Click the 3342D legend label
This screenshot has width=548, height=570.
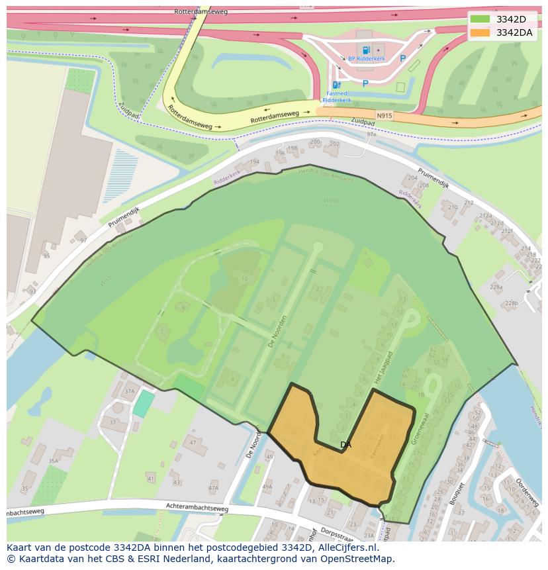coord(511,19)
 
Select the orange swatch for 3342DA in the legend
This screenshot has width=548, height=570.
coord(480,32)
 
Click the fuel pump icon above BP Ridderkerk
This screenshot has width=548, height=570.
coord(365,49)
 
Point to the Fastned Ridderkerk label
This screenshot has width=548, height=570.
coord(334,97)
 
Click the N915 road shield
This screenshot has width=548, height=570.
coord(384,115)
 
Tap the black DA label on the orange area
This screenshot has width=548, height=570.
coord(345,445)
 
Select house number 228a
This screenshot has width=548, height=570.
coord(496,287)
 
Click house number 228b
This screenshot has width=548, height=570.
coord(511,303)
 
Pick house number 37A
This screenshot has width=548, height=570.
coord(129,391)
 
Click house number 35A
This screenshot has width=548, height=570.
coord(53,461)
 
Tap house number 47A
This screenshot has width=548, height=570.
coord(213,488)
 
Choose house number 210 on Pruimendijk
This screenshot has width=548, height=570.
coord(453,207)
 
